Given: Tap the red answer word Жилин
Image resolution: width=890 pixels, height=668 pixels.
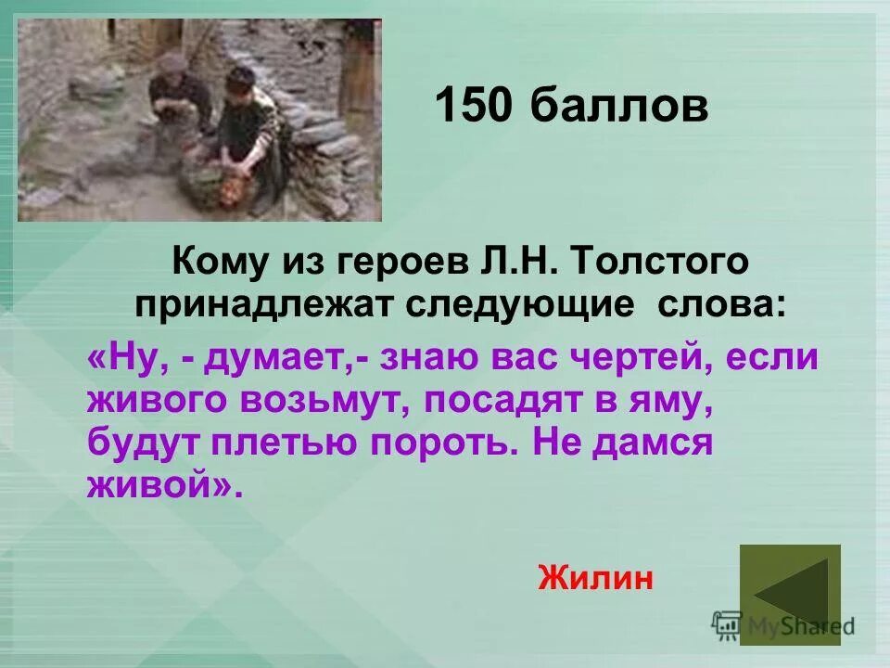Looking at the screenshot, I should click(x=595, y=578).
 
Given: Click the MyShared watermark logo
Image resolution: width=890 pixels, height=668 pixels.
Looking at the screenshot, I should click(x=783, y=626).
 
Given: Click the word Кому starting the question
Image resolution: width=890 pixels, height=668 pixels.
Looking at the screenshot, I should click(x=218, y=263).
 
